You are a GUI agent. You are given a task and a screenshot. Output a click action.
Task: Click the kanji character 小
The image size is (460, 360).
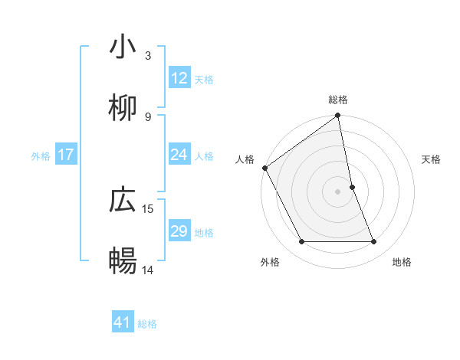(x=123, y=47)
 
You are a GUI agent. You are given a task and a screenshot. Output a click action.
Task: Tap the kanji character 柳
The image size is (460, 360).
(x=123, y=107)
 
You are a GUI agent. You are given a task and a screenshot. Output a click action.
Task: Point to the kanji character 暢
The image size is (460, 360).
(x=123, y=260)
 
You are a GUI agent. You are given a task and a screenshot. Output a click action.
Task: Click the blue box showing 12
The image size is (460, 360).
(x=179, y=78)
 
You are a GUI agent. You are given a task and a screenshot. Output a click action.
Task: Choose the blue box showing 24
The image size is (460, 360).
(x=179, y=155)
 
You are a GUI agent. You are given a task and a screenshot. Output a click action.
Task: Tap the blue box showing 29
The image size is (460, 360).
(x=179, y=232)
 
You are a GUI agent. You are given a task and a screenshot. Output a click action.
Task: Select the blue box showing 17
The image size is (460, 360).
(x=66, y=155)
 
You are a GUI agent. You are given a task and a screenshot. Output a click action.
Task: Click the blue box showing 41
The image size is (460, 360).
(x=123, y=323)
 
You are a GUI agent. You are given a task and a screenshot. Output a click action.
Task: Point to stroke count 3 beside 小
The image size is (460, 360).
(x=148, y=55)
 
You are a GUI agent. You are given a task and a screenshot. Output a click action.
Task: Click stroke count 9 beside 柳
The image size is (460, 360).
(x=148, y=116)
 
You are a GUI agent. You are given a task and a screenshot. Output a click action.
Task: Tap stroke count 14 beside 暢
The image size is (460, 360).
(x=148, y=270)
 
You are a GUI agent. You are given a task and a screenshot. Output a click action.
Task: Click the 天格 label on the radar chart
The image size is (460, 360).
(x=432, y=159)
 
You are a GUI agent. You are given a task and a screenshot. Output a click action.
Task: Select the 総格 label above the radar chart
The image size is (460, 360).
(x=338, y=100)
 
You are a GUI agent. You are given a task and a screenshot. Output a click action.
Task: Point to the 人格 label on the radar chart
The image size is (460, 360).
(x=245, y=159)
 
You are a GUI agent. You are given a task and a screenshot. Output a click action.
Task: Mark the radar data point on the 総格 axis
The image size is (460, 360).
(x=338, y=116)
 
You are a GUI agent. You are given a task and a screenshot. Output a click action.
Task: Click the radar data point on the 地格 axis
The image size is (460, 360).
(x=374, y=242)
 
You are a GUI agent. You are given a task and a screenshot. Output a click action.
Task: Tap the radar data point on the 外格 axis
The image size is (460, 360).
(x=301, y=242)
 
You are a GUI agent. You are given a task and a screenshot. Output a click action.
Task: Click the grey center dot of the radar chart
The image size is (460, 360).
(x=338, y=191)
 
